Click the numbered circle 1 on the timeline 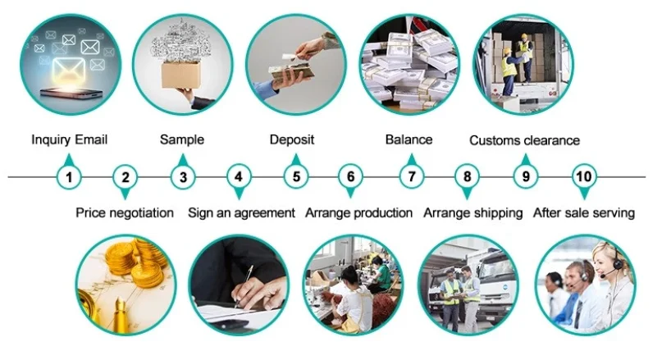click(69, 176)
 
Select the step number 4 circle click(239, 176)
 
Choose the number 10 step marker click(584, 176)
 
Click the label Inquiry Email click(70, 139)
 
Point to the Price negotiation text click(125, 212)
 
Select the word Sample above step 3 click(182, 139)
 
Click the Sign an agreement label click(241, 212)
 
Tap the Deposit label click(292, 139)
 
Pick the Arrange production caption click(358, 212)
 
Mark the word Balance click(409, 139)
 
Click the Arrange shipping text click(472, 212)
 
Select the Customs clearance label click(524, 140)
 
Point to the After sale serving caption click(584, 212)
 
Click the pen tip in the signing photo click(237, 304)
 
